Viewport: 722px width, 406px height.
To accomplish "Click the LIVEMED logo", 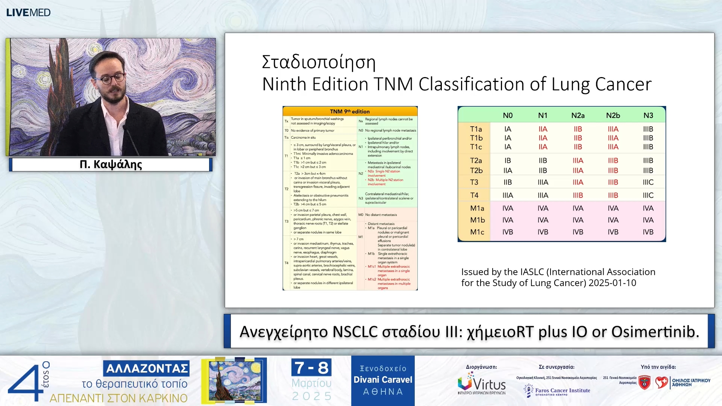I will [x=28, y=12].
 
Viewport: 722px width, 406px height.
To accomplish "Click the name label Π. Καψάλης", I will [x=111, y=164].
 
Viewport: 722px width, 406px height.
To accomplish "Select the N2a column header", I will [x=578, y=115].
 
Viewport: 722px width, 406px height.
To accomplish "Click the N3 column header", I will [x=648, y=115].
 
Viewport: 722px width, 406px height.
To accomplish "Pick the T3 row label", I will [x=474, y=182].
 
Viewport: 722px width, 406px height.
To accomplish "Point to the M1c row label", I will [x=477, y=232].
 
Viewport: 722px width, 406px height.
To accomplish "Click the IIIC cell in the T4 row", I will [x=648, y=195].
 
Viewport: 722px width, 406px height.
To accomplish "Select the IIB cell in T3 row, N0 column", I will [x=507, y=182].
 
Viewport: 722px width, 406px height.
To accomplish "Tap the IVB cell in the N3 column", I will [x=648, y=232].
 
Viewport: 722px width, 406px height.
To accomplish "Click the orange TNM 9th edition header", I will [x=350, y=111].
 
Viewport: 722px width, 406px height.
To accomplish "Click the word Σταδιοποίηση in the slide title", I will [x=319, y=62].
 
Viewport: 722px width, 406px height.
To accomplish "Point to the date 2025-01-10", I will [x=612, y=283].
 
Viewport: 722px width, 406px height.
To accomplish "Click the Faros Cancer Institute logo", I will [x=557, y=390].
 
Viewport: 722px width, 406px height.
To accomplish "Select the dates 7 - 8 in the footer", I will [x=311, y=368].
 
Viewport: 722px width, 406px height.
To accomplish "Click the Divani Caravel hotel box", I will [x=383, y=380].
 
